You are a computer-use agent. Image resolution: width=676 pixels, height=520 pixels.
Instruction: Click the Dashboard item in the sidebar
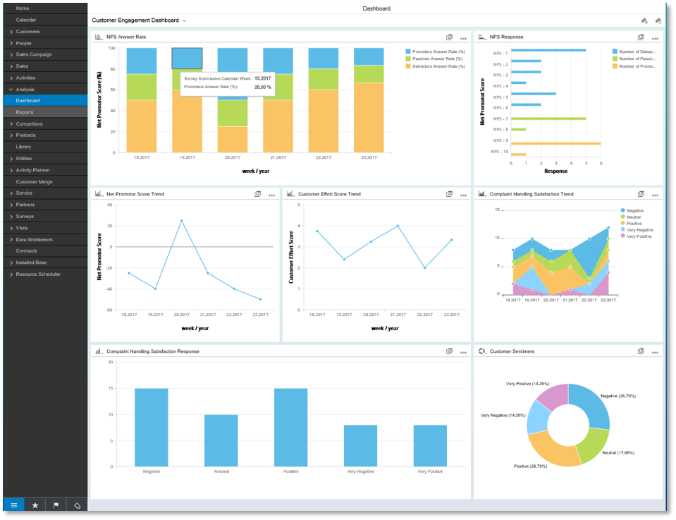point(28,100)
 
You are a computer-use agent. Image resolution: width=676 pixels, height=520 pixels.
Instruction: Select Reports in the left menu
point(25,112)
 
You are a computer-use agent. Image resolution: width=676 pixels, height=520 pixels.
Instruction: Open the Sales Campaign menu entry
point(34,54)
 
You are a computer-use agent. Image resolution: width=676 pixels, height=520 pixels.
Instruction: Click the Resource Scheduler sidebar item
point(38,274)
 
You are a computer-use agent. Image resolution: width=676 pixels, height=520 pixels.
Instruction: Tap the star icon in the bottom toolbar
point(35,505)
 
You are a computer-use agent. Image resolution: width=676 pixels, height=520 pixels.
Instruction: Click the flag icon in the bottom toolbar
point(56,505)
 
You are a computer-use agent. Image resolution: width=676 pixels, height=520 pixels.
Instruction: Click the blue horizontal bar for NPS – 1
point(548,50)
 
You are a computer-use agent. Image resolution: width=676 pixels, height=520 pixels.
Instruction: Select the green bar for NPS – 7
point(548,119)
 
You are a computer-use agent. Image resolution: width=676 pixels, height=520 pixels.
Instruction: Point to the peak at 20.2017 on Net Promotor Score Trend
point(181,221)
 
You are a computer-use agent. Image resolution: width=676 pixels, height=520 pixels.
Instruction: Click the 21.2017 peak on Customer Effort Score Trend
point(398,226)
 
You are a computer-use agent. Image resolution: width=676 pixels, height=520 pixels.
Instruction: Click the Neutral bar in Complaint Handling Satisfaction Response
point(222,440)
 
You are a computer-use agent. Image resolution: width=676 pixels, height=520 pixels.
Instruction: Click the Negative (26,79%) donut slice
point(594,405)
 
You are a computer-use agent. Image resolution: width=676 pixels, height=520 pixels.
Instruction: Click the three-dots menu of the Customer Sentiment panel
point(655,351)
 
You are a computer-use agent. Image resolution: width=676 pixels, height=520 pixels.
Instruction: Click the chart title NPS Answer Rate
point(126,37)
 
